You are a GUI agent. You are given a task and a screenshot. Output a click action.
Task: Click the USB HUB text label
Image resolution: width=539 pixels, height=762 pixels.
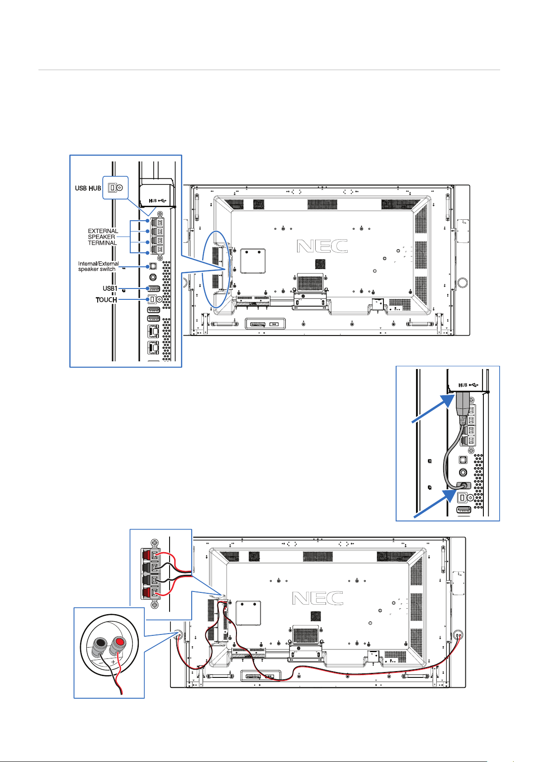click(88, 188)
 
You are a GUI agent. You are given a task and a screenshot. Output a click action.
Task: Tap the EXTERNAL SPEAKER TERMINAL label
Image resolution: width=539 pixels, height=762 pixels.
click(103, 237)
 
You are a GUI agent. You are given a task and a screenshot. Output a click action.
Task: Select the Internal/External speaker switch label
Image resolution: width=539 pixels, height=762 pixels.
click(98, 266)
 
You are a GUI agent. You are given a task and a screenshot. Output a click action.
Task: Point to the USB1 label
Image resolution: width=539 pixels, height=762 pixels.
click(110, 289)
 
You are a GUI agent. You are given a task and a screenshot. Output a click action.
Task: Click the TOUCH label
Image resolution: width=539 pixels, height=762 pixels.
click(106, 300)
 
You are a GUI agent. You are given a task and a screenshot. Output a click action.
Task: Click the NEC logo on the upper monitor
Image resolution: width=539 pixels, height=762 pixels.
click(322, 246)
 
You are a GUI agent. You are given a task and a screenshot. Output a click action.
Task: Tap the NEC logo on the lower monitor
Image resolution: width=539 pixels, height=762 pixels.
click(317, 598)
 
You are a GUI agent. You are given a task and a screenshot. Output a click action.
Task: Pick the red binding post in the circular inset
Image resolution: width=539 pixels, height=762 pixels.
click(119, 643)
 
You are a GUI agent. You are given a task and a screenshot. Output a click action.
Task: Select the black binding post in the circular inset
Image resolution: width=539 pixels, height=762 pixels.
click(101, 643)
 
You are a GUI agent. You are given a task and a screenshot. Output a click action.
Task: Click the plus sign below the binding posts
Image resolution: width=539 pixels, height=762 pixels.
click(113, 662)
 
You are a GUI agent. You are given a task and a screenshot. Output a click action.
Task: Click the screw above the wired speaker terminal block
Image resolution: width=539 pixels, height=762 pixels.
click(154, 542)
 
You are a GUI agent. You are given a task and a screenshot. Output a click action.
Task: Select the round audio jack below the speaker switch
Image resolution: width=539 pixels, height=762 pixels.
click(153, 277)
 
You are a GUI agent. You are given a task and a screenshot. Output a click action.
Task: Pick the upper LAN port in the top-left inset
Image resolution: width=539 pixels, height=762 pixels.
click(153, 331)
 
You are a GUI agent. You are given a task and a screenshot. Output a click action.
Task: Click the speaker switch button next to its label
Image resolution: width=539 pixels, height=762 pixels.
click(153, 266)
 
